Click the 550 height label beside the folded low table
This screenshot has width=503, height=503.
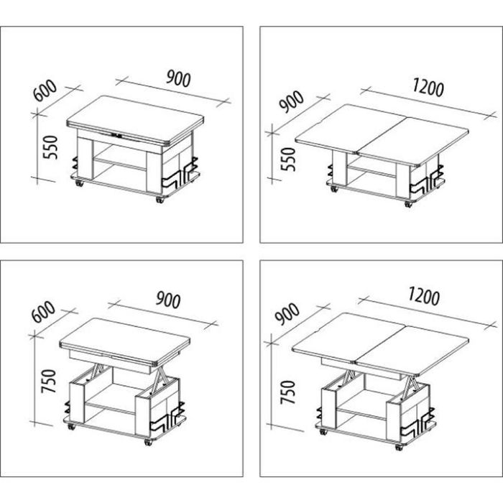(51, 147)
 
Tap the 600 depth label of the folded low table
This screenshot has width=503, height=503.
(45, 90)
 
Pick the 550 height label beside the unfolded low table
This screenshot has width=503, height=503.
(287, 160)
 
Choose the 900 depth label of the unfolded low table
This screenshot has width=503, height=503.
(291, 101)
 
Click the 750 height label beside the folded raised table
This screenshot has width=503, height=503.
(49, 381)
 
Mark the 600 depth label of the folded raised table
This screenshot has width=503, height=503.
(44, 311)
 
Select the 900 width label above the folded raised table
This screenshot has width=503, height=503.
(168, 300)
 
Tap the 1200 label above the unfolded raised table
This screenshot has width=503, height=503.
(424, 296)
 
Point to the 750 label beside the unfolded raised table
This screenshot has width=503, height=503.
(287, 392)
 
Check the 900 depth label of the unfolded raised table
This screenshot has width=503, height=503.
(287, 313)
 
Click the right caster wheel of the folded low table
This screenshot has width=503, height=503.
(160, 200)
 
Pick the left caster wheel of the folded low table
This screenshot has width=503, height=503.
(79, 183)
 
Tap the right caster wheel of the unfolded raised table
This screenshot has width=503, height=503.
(399, 447)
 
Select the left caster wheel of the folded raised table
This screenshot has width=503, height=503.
(70, 427)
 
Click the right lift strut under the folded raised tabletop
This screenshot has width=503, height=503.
(158, 380)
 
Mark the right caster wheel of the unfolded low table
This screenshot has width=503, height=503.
(408, 204)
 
